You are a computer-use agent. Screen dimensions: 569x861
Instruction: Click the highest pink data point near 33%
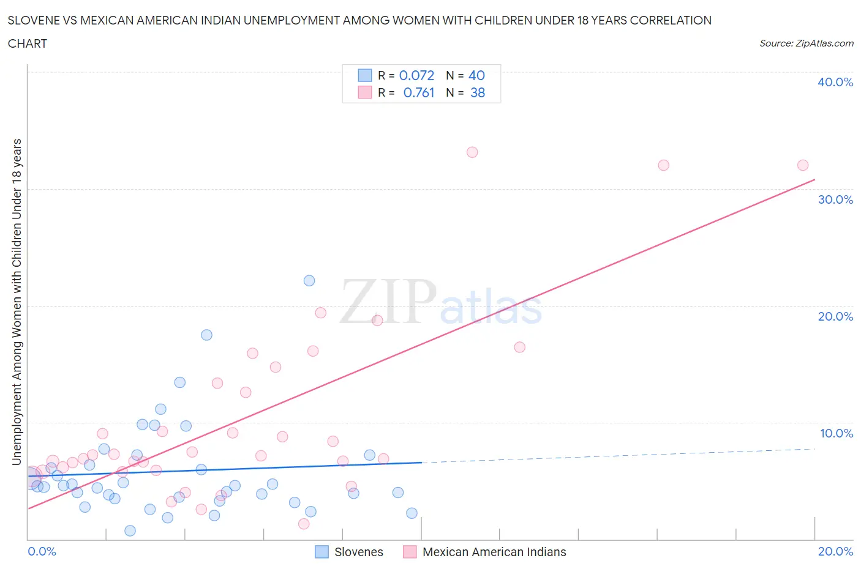[x=472, y=152]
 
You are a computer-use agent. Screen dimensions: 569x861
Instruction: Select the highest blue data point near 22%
[x=309, y=281]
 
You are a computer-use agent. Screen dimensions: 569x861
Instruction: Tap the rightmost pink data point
[x=803, y=165]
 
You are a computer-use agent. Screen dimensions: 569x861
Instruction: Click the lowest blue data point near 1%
[x=130, y=530]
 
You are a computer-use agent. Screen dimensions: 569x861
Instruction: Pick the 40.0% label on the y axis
[x=835, y=82]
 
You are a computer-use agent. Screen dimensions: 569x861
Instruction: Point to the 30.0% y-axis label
[x=835, y=199]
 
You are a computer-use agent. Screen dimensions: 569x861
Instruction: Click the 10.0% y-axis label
[x=836, y=433]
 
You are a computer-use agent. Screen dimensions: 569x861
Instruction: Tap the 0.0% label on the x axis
[x=42, y=551]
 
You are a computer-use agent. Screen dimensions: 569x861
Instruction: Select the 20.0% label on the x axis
[x=835, y=551]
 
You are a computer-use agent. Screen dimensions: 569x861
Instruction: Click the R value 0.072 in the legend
[x=416, y=75]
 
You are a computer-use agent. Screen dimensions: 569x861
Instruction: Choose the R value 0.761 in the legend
[x=419, y=92]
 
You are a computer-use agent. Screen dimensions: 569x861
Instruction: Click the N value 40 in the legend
[x=476, y=75]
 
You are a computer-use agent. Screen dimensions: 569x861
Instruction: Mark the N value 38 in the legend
[x=478, y=92]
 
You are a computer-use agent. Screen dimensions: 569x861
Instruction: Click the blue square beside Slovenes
[x=322, y=552]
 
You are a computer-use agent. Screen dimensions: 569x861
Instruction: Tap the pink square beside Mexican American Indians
[x=410, y=552]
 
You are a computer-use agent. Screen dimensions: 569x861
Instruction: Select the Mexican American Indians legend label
[x=494, y=552]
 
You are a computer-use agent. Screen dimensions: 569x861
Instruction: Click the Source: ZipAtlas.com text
[x=806, y=43]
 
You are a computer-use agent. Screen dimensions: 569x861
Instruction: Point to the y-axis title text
[x=17, y=302]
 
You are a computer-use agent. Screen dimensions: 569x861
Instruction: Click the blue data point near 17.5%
[x=207, y=335]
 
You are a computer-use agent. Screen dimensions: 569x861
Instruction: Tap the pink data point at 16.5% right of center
[x=519, y=348]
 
